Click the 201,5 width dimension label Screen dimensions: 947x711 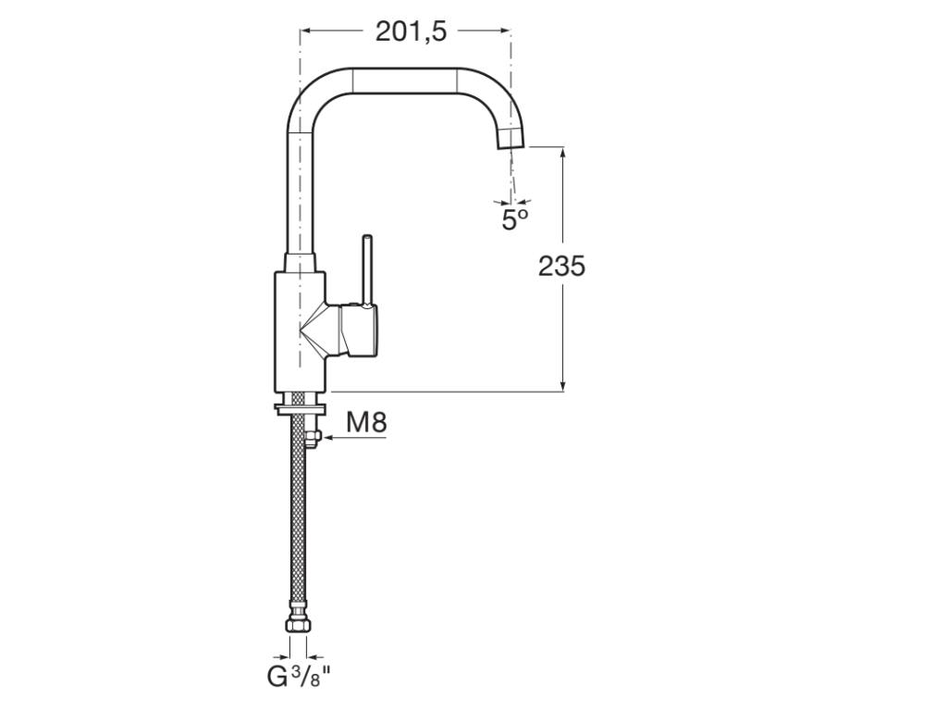pyautogui.click(x=412, y=31)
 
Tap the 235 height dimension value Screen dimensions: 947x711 pyautogui.click(x=561, y=266)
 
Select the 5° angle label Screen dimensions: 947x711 pyautogui.click(x=514, y=218)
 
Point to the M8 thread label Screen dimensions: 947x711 pyautogui.click(x=366, y=422)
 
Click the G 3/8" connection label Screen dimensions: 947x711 pyautogui.click(x=301, y=676)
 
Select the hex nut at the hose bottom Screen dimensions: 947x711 pyautogui.click(x=299, y=624)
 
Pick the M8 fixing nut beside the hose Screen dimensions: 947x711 pyautogui.click(x=313, y=438)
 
